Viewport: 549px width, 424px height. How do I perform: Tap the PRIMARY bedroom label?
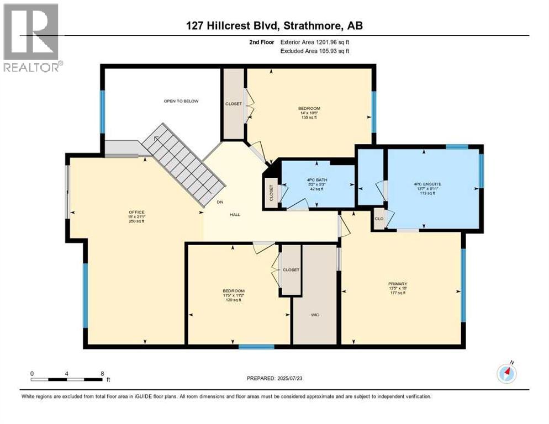(397, 284)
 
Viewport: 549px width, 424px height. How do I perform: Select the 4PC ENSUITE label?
(424, 183)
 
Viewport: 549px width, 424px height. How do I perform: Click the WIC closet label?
(315, 315)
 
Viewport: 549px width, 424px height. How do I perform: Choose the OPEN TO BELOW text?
(181, 101)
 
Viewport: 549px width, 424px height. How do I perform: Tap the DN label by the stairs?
(219, 202)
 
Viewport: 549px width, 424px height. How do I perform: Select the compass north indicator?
(506, 373)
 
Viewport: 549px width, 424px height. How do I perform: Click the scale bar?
(67, 379)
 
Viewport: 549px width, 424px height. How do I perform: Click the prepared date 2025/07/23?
(274, 378)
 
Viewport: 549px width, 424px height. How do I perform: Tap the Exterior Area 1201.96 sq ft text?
(314, 42)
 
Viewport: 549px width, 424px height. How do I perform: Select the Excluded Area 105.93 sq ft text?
(315, 51)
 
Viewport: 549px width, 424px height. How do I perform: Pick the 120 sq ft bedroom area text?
(233, 300)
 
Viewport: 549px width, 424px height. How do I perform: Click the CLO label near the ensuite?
(379, 218)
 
